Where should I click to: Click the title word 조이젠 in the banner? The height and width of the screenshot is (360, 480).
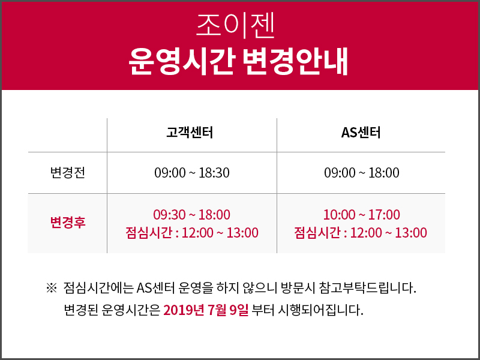235,26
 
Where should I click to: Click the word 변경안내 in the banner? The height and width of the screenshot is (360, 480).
296,61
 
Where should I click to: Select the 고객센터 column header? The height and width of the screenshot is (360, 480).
190,133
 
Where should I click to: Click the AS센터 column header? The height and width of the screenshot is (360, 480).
361,133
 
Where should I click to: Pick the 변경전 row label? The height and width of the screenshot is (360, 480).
68,173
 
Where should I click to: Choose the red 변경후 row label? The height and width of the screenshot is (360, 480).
68,222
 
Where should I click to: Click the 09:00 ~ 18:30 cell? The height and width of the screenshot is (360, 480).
192,173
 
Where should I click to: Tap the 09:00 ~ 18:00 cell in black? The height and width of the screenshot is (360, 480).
362,173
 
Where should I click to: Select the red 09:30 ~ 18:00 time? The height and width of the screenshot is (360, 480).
192,215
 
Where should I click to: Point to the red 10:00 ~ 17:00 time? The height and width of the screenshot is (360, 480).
362,215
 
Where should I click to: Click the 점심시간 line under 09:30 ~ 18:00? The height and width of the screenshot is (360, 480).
192,233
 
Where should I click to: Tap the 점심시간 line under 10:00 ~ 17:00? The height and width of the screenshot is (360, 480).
361,233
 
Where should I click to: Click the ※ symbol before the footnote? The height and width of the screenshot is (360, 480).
52,288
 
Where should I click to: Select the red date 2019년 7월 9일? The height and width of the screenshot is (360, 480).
206,310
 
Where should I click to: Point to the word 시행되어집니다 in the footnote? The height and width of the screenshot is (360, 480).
320,310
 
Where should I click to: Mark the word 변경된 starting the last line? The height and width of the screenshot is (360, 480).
81,310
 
